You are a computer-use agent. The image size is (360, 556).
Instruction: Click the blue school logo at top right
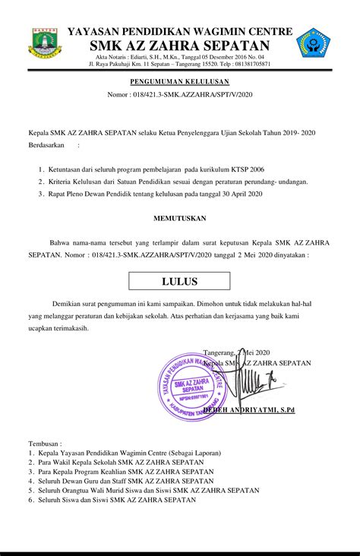pyautogui.click(x=312, y=44)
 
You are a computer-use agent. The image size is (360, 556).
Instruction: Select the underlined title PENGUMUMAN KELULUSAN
pyautogui.click(x=179, y=80)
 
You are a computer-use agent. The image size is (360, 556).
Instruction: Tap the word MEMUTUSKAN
pyautogui.click(x=179, y=217)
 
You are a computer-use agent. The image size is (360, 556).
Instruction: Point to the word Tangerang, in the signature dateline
pyautogui.click(x=220, y=353)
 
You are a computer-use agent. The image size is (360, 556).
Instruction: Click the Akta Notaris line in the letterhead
pyautogui.click(x=180, y=57)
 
